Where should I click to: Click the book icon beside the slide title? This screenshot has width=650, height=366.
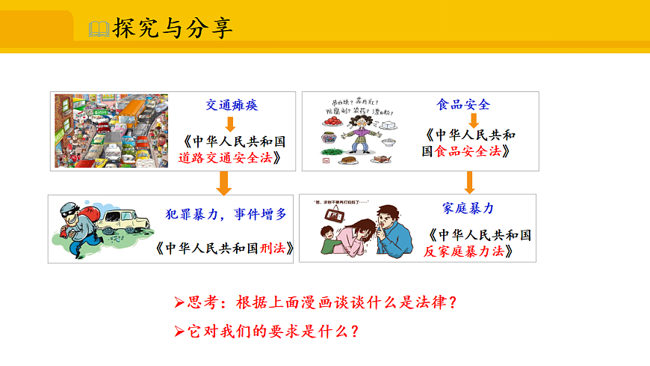[99, 29]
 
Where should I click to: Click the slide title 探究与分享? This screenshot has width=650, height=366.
[172, 28]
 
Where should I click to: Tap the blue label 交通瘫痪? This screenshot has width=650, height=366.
[232, 106]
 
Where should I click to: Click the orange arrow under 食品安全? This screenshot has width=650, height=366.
[472, 121]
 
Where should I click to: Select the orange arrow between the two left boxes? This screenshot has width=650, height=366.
[223, 182]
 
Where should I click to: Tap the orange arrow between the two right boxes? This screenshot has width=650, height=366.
[469, 181]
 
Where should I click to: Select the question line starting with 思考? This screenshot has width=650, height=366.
[315, 302]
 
